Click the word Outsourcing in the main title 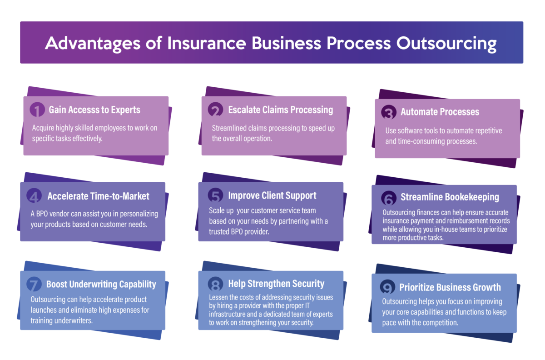[446, 44]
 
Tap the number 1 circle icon [37, 110]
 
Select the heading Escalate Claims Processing [281, 110]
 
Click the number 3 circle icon [388, 112]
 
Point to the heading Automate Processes [440, 112]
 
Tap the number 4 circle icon [34, 196]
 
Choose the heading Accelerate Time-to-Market [99, 196]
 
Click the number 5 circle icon [215, 196]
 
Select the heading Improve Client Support [272, 196]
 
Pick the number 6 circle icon [388, 198]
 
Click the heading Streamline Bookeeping [450, 197]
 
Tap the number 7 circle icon [34, 285]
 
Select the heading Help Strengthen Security [276, 284]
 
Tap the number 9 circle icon [387, 288]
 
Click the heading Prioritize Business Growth [450, 287]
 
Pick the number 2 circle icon [215, 110]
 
